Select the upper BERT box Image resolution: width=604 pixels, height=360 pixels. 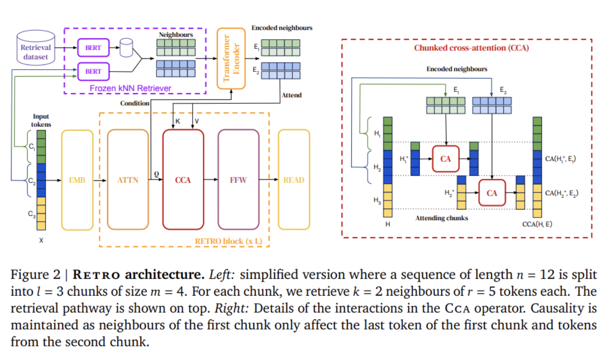pyautogui.click(x=93, y=48)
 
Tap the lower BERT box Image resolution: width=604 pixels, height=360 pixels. pyautogui.click(x=93, y=71)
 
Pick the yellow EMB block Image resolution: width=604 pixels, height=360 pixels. pyautogui.click(x=77, y=180)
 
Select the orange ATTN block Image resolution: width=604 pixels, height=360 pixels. pyautogui.click(x=127, y=180)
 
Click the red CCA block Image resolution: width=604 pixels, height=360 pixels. pyautogui.click(x=183, y=180)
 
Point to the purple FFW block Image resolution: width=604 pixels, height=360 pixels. pyautogui.click(x=238, y=180)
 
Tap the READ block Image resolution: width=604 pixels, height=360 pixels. pyautogui.click(x=294, y=180)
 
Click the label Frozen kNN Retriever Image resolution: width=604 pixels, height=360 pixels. pyautogui.click(x=130, y=88)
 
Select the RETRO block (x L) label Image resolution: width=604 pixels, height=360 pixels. pyautogui.click(x=229, y=241)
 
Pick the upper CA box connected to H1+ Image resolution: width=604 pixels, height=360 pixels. pyautogui.click(x=446, y=159)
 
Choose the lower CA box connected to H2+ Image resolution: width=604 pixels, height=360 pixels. pyautogui.click(x=492, y=193)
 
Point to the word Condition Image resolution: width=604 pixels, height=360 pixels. pyautogui.click(x=135, y=103)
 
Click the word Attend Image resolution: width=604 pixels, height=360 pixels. pyautogui.click(x=292, y=95)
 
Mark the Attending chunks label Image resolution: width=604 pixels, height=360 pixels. pyautogui.click(x=441, y=218)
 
